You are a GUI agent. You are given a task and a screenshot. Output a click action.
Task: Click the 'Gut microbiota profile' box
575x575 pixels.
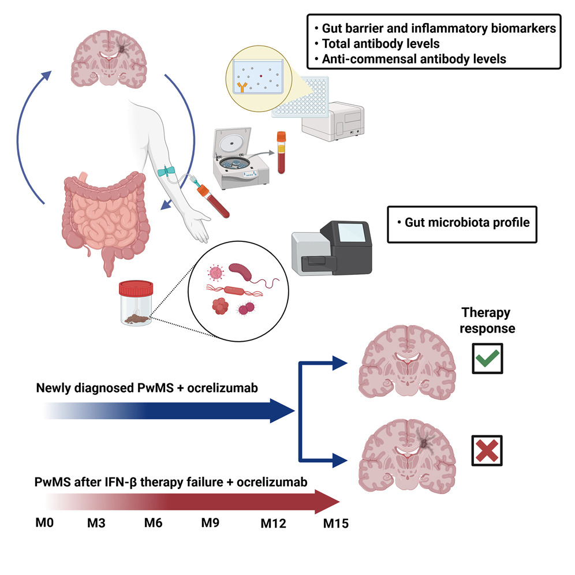pyautogui.click(x=462, y=223)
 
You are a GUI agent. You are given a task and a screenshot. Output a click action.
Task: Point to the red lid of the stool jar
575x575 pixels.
pyautogui.click(x=135, y=287)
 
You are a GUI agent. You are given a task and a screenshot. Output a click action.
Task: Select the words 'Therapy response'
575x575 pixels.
pyautogui.click(x=486, y=320)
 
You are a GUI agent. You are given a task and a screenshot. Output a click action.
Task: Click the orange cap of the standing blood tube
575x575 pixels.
pyautogui.click(x=281, y=137)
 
